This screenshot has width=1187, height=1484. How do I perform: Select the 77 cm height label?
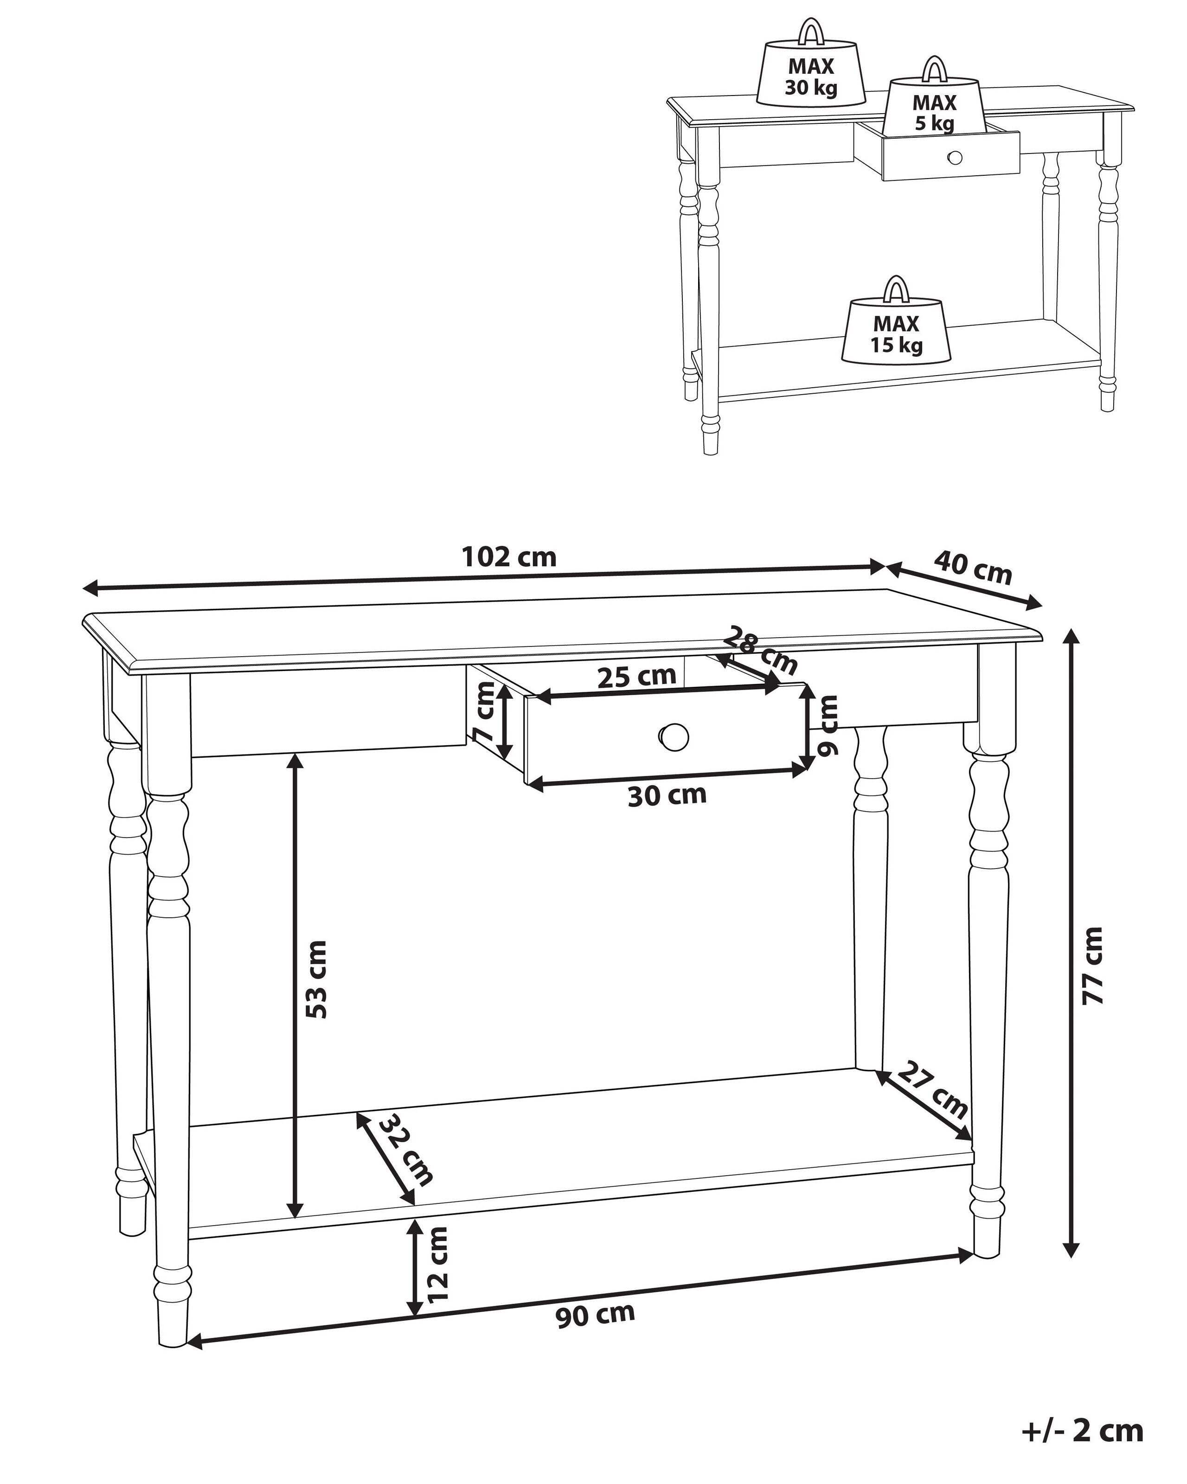(1093, 966)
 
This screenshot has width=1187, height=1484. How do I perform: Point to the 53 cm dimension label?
(317, 979)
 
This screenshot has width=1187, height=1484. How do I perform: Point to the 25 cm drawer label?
(636, 677)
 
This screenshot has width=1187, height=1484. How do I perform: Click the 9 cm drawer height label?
(827, 725)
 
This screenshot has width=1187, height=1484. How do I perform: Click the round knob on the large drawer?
(673, 737)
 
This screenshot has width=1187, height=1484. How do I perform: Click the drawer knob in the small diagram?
(954, 158)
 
